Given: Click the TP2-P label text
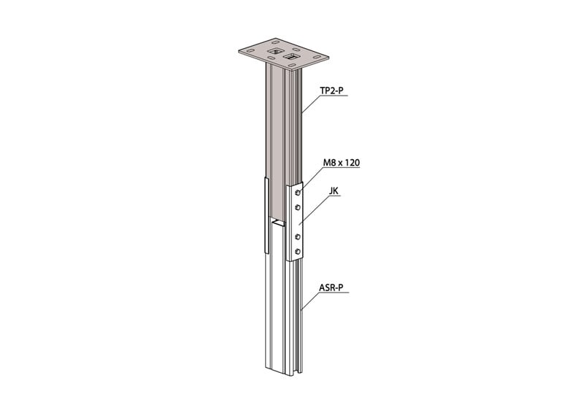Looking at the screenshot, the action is click(x=331, y=90).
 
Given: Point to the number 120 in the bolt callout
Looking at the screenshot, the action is click(x=353, y=163).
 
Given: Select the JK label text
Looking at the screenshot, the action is click(x=334, y=191).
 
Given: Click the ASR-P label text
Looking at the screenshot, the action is click(x=331, y=288).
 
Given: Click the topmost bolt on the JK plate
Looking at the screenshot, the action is click(x=298, y=193).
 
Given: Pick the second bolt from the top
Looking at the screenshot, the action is click(x=298, y=207).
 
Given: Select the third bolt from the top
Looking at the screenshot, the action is click(x=298, y=236).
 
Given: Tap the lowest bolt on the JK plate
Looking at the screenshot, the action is click(x=298, y=252).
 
